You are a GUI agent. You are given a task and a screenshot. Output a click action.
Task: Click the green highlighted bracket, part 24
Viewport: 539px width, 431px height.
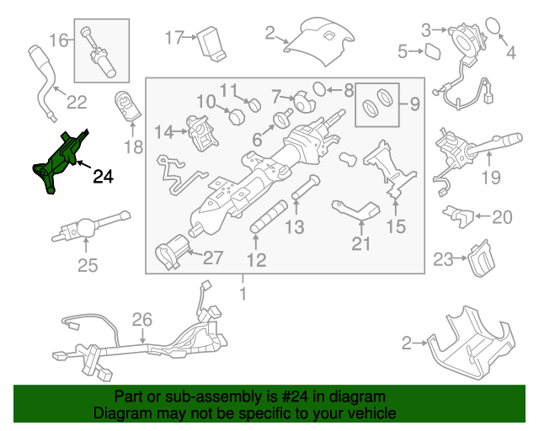tap(58, 161)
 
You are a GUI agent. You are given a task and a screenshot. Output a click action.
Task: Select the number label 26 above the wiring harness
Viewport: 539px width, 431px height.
tap(142, 320)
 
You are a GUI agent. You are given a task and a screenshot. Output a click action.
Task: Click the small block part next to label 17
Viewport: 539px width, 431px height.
tap(209, 43)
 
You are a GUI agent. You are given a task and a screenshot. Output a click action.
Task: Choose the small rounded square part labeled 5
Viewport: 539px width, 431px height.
tap(432, 52)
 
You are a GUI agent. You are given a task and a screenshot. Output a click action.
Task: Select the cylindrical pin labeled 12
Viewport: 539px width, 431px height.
tap(267, 225)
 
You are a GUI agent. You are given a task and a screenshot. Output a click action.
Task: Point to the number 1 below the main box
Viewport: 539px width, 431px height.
tap(243, 295)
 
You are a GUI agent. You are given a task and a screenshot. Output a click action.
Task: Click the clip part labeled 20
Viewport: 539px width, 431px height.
tap(456, 215)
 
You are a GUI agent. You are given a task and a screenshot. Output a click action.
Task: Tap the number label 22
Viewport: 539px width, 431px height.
tap(77, 103)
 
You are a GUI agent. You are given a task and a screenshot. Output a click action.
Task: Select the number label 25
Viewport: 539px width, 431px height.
tap(88, 266)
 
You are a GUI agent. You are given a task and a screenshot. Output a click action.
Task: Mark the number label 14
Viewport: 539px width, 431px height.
tap(163, 131)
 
